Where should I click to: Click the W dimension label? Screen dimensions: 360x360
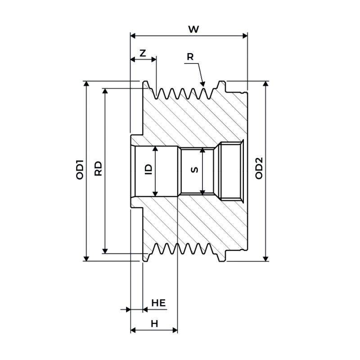point(193,29)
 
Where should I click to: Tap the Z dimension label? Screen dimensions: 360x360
point(143,53)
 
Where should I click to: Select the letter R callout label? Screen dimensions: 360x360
point(190,57)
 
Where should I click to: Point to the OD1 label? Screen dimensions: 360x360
point(80,170)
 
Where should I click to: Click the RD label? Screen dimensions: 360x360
point(98,169)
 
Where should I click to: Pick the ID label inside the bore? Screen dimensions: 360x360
point(149,170)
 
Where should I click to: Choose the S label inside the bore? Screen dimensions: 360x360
point(194,170)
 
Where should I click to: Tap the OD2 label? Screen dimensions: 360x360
point(259,168)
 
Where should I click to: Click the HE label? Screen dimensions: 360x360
point(158,303)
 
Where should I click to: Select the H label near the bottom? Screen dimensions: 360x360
point(154,324)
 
